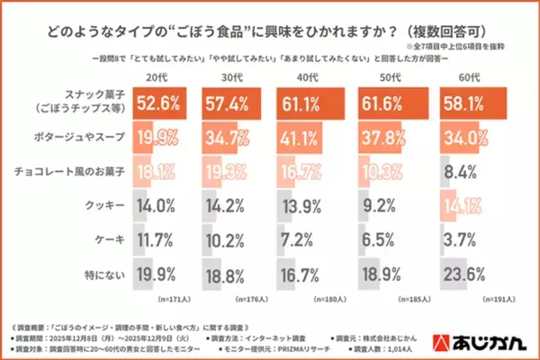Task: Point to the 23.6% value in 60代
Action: [470, 273]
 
